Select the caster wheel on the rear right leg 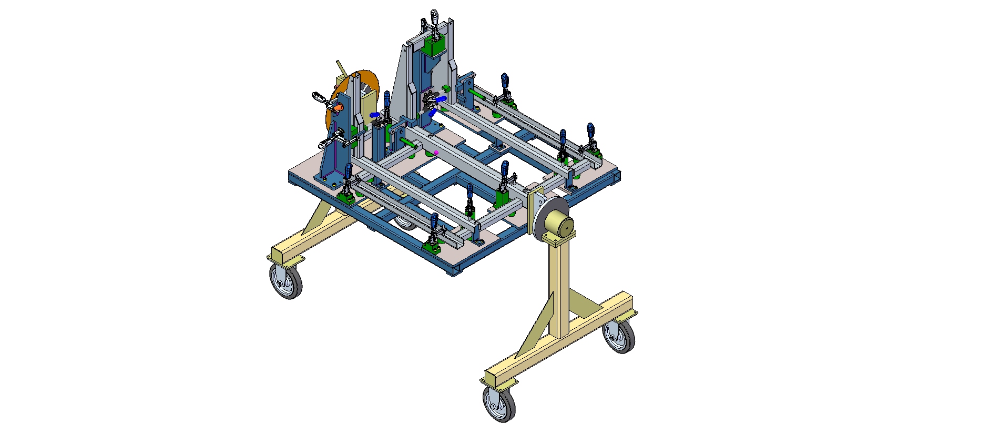tap(618, 337)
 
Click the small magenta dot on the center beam tap(436, 153)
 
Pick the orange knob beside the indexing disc tap(336, 107)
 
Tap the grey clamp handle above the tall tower tap(434, 18)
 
